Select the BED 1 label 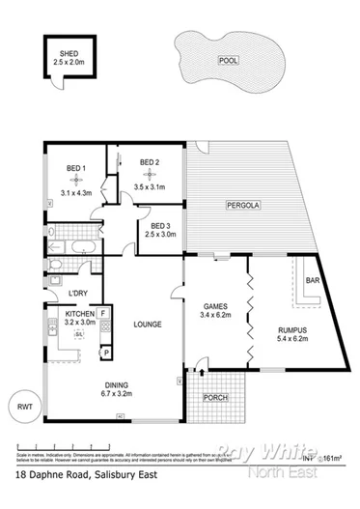(x=74, y=170)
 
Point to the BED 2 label (x=149, y=162)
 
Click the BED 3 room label (x=160, y=226)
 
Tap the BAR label (x=312, y=281)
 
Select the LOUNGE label (x=147, y=324)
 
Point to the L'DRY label (x=78, y=294)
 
